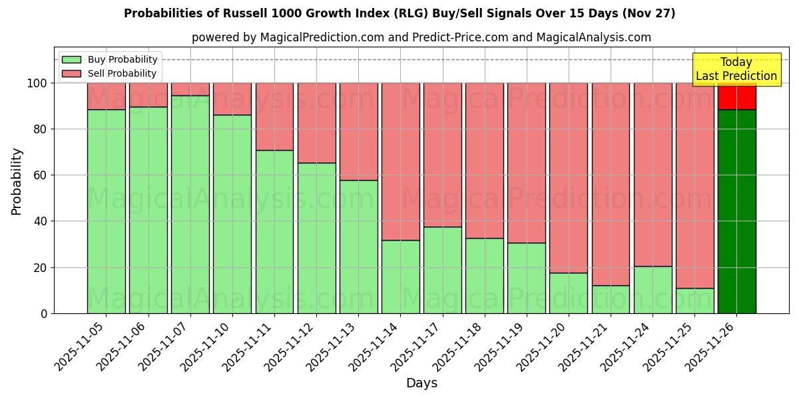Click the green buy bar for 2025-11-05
107,211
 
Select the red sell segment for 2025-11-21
611,184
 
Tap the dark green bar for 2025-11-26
736,211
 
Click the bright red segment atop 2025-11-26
736,97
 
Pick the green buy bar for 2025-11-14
401,277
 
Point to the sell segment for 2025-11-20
569,177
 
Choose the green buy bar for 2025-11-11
274,231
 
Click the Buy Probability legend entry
110,59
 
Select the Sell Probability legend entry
110,73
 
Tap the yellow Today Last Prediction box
736,69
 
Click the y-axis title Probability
17,181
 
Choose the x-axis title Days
421,383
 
